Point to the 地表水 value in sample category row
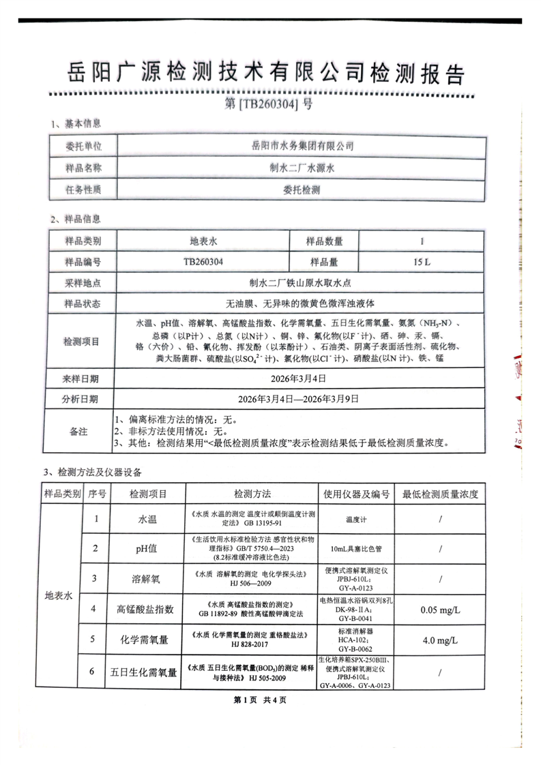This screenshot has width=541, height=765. (x=203, y=241)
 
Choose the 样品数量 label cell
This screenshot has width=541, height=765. (x=324, y=241)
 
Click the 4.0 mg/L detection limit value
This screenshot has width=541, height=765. (x=441, y=641)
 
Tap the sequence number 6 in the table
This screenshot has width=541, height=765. (x=96, y=672)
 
